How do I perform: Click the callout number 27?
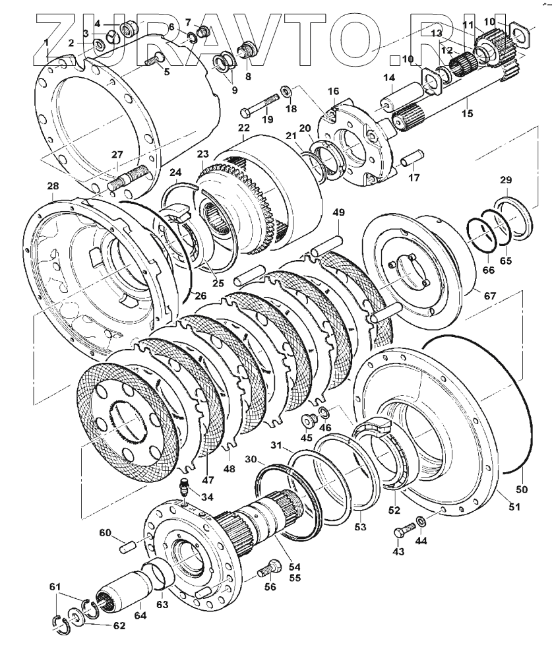pyautogui.click(x=117, y=155)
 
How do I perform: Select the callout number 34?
pyautogui.click(x=207, y=497)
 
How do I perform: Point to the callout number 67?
pyautogui.click(x=489, y=296)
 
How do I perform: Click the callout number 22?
pyautogui.click(x=244, y=127)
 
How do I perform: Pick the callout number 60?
pyautogui.click(x=106, y=533)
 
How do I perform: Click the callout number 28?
pyautogui.click(x=53, y=187)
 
